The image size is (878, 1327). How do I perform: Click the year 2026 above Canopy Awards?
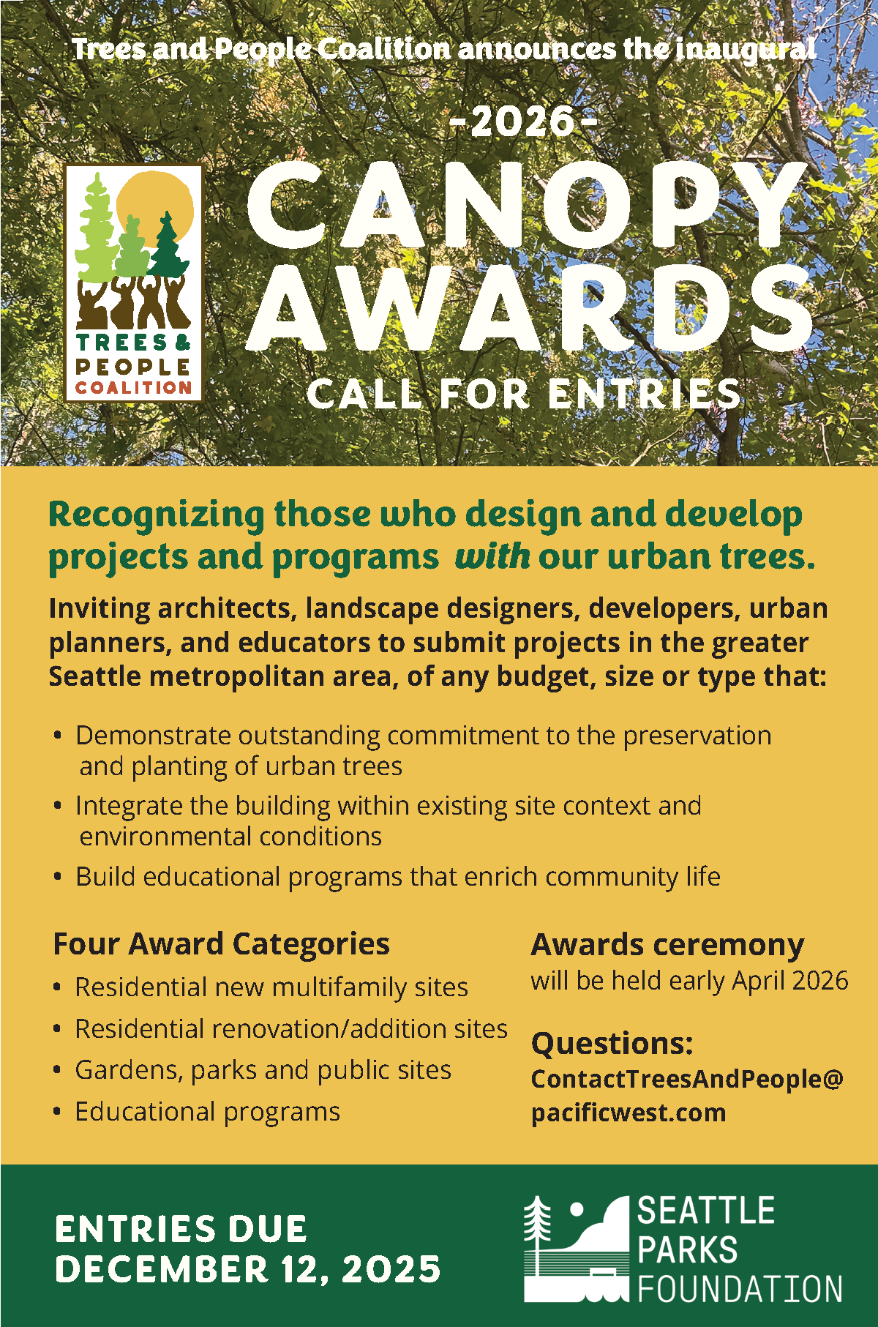point(522,122)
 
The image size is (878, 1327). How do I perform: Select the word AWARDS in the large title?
point(531,307)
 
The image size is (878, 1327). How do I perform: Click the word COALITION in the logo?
point(134,387)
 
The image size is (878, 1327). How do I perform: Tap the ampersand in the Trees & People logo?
point(183,342)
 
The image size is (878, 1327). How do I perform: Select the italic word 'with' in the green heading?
point(492,557)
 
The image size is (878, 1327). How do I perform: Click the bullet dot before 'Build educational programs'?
point(58,876)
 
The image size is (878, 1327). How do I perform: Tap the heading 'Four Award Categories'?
point(221,944)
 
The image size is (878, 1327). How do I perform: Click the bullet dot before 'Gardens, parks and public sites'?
point(58,1070)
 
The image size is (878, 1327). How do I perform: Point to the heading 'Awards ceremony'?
point(667,946)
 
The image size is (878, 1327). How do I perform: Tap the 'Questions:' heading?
point(612,1044)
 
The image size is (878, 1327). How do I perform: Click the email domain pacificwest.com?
point(629,1113)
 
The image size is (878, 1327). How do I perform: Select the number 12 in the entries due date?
point(301,1269)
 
